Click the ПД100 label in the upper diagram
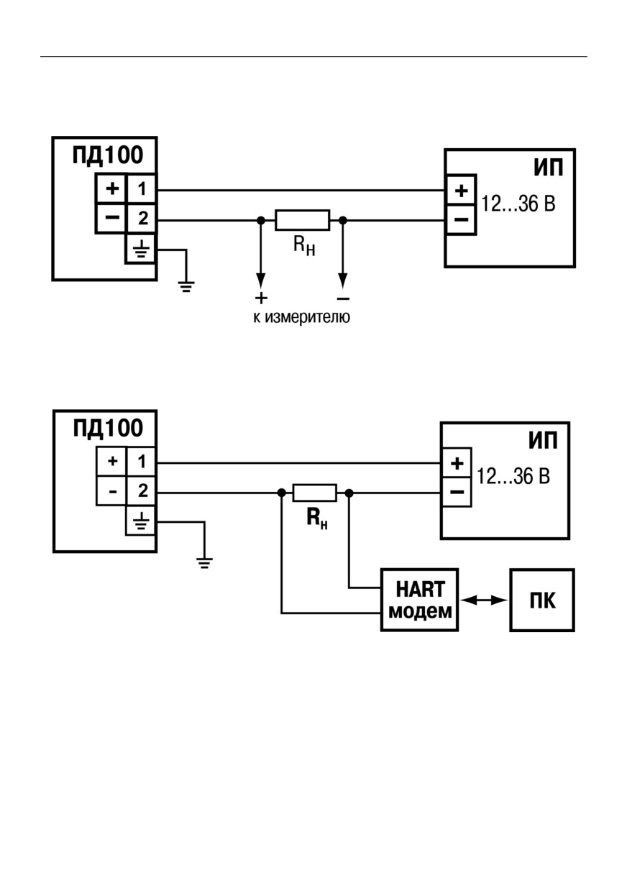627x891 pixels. click(x=107, y=155)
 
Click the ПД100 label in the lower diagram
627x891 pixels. click(x=108, y=428)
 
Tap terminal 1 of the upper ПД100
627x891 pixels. click(x=142, y=188)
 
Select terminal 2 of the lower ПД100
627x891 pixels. click(x=142, y=491)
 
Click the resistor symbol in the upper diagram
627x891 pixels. click(x=303, y=220)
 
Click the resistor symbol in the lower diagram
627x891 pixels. click(x=315, y=493)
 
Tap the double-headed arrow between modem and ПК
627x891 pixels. click(x=484, y=600)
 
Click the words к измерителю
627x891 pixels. click(x=302, y=317)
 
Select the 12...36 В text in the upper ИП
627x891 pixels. click(x=518, y=204)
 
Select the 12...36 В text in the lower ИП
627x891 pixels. click(x=513, y=476)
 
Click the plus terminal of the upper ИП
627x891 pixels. click(x=461, y=190)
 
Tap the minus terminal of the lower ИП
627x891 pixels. click(x=457, y=492)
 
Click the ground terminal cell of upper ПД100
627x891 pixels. click(x=140, y=250)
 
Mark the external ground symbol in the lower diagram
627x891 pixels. click(x=204, y=563)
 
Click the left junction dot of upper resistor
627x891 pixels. click(x=260, y=220)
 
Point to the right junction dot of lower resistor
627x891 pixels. click(x=349, y=493)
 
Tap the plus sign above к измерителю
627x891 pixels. click(x=261, y=298)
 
